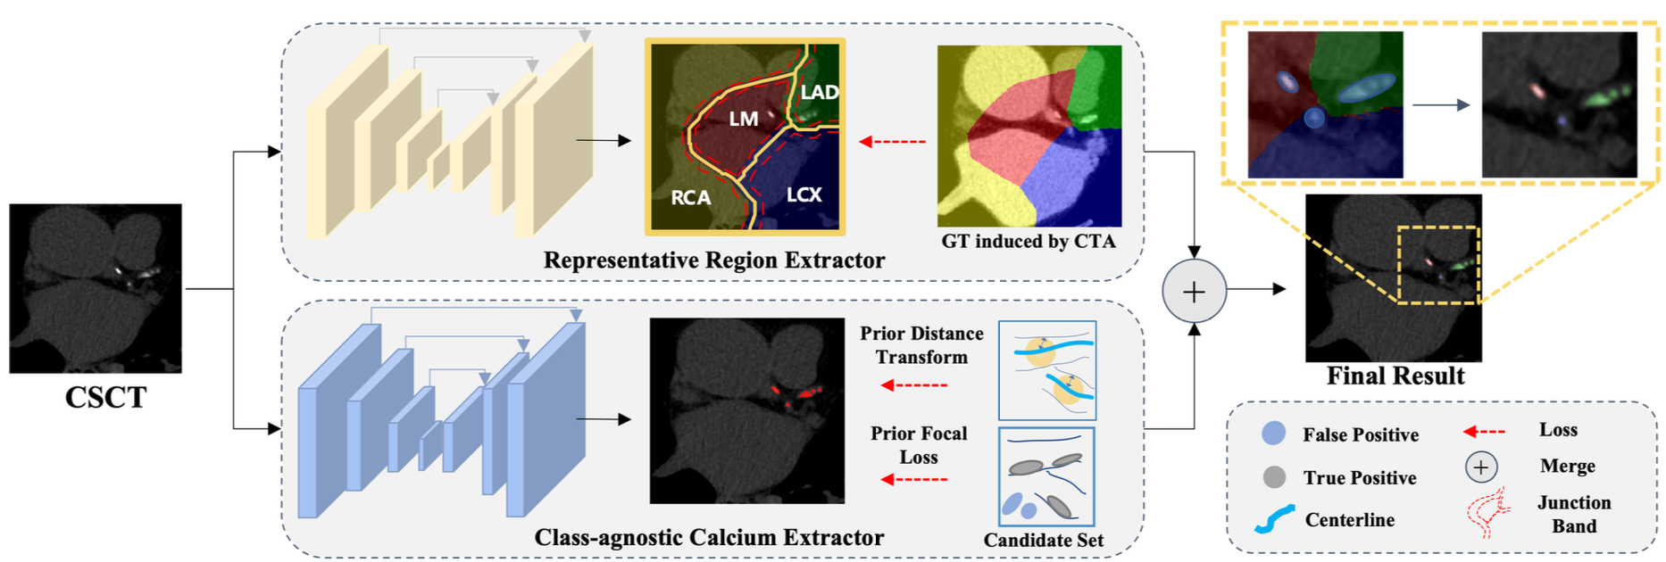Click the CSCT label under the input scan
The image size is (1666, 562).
click(x=105, y=397)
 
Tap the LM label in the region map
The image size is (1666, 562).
click(x=743, y=119)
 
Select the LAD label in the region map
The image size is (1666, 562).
click(x=819, y=92)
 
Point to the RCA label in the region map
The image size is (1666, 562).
click(x=690, y=197)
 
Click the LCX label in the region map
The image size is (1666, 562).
click(x=804, y=194)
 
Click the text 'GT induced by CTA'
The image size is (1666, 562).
click(x=1028, y=241)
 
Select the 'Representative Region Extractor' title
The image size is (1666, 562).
click(x=713, y=260)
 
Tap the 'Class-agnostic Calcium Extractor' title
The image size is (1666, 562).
click(x=709, y=537)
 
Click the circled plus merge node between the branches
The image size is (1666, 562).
click(x=1194, y=291)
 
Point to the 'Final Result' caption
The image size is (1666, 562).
click(x=1395, y=376)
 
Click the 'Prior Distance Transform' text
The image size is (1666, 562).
click(x=921, y=345)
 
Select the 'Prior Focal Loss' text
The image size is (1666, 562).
click(x=919, y=445)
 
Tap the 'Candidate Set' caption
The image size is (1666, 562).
click(x=1043, y=540)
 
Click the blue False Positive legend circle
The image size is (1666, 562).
click(x=1273, y=434)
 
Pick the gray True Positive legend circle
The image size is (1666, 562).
click(x=1274, y=477)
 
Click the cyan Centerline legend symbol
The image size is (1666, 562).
click(x=1274, y=519)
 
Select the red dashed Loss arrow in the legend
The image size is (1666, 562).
click(x=1483, y=432)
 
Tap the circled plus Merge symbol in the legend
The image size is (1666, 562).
click(x=1480, y=467)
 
